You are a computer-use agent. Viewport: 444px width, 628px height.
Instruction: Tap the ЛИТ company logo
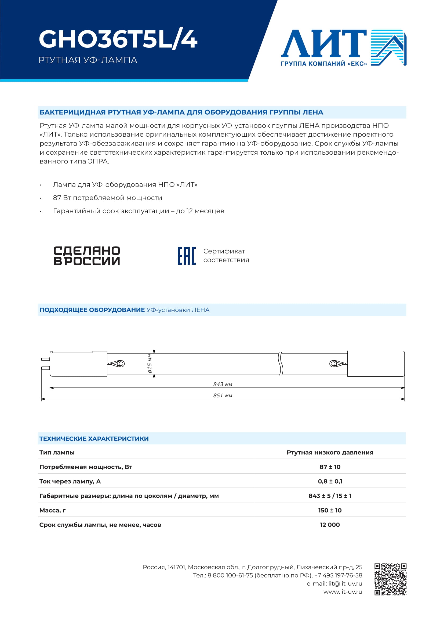pyautogui.click(x=343, y=48)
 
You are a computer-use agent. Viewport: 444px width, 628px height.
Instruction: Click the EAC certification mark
pyautogui.click(x=187, y=256)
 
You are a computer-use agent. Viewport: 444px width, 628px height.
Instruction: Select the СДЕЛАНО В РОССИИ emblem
pyautogui.click(x=87, y=256)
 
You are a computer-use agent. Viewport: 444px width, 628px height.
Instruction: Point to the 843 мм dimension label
pyautogui.click(x=223, y=384)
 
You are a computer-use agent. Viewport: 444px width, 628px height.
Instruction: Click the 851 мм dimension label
pyautogui.click(x=223, y=395)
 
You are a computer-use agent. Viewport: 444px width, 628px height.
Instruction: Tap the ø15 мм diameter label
pyautogui.click(x=150, y=364)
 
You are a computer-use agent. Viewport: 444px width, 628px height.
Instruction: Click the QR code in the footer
pyautogui.click(x=390, y=579)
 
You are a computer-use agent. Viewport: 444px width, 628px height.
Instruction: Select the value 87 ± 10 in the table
pyautogui.click(x=330, y=467)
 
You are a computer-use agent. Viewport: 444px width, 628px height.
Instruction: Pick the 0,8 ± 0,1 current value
pyautogui.click(x=330, y=481)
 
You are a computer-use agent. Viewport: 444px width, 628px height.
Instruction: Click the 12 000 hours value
pyautogui.click(x=330, y=525)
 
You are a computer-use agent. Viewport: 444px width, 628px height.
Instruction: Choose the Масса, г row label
pyautogui.click(x=53, y=510)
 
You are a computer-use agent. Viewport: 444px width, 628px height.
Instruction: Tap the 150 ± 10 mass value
pyautogui.click(x=330, y=510)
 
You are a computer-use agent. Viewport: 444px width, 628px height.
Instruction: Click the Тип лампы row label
pyautogui.click(x=57, y=452)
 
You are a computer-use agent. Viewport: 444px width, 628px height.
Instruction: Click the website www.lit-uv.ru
pyautogui.click(x=343, y=592)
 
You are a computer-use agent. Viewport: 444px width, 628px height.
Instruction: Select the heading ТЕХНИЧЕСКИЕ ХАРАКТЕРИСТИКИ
pyautogui.click(x=94, y=439)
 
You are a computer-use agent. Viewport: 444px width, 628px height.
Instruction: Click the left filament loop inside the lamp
pyautogui.click(x=119, y=364)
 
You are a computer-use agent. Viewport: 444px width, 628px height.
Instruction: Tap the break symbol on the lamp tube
pyautogui.click(x=280, y=364)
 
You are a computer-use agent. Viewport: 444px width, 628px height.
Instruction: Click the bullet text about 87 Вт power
pyautogui.click(x=107, y=198)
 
